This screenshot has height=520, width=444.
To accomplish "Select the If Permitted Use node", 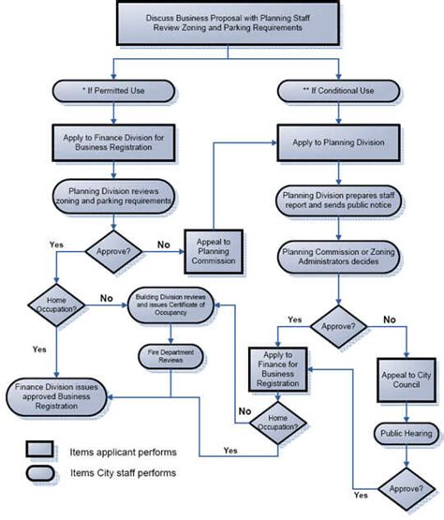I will pyautogui.click(x=114, y=92).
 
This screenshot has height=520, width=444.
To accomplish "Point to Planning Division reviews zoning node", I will pyautogui.click(x=114, y=194).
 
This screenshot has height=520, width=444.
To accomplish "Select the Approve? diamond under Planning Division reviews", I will pyautogui.click(x=113, y=250).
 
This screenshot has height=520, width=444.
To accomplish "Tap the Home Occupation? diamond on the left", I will pyautogui.click(x=55, y=305).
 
